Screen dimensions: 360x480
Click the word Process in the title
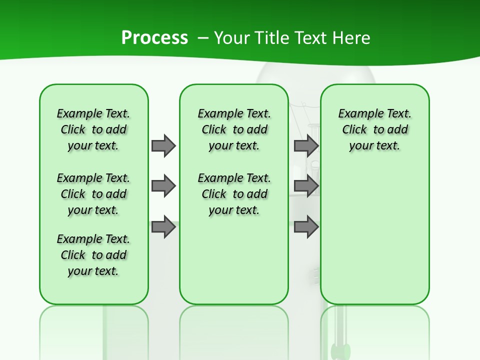point(154,38)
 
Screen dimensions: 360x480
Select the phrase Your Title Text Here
point(292,38)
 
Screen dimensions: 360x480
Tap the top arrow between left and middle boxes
point(163,145)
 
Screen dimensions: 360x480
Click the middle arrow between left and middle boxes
point(163,186)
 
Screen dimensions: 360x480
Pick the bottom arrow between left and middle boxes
point(163,226)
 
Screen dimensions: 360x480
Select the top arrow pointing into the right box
point(306,145)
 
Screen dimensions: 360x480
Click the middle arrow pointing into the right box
point(306,186)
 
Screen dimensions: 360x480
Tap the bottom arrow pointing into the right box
point(306,226)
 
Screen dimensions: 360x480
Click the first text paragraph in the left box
point(93,129)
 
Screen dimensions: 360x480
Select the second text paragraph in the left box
point(93,194)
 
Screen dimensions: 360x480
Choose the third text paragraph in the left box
point(93,255)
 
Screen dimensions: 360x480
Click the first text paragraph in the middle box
point(234,129)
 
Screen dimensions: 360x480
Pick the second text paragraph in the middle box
point(234,194)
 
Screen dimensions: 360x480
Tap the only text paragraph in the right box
point(374,129)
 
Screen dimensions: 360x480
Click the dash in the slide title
point(203,38)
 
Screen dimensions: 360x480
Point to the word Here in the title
point(353,38)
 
